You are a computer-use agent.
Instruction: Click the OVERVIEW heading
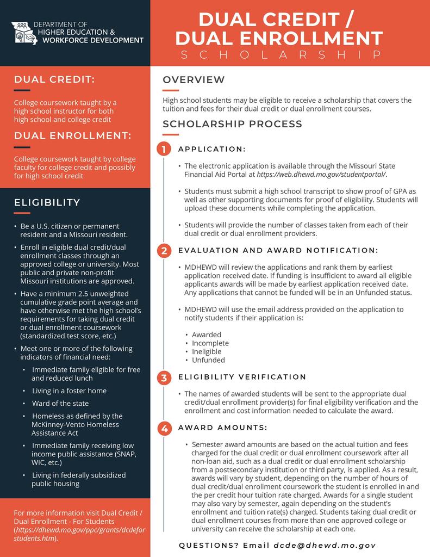[194, 80]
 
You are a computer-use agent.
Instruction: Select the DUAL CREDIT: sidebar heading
[54, 79]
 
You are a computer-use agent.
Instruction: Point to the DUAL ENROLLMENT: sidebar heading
[72, 135]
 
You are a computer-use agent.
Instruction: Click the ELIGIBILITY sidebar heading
[47, 202]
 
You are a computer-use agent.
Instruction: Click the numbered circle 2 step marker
[164, 251]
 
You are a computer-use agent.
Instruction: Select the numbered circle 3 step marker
[164, 377]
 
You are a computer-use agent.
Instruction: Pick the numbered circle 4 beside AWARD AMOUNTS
[164, 428]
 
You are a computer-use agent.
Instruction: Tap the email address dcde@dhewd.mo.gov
[325, 545]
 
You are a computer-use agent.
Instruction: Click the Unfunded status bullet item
[208, 360]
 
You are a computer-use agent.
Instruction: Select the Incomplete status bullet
[210, 343]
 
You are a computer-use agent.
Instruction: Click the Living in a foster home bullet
[69, 391]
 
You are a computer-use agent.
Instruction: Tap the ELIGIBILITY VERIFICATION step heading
[242, 377]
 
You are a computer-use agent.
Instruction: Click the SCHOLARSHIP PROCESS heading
[232, 124]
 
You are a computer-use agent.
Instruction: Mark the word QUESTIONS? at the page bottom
[208, 545]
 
